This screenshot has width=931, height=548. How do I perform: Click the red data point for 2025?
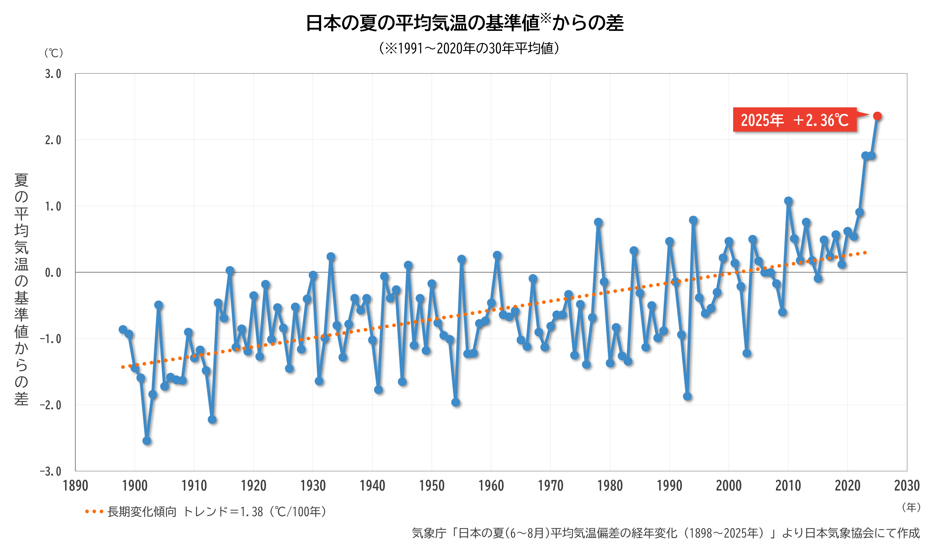coord(877,116)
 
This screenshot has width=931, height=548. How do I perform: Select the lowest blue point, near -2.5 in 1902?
coord(147,441)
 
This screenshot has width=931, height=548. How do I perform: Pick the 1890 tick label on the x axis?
coord(75,485)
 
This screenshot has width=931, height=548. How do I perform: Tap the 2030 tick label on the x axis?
coord(907,485)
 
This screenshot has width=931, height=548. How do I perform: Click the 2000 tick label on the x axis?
coord(729,485)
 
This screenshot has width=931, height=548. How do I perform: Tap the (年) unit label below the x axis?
coord(911,507)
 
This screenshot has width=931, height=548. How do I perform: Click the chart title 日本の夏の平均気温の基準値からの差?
coord(465,23)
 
